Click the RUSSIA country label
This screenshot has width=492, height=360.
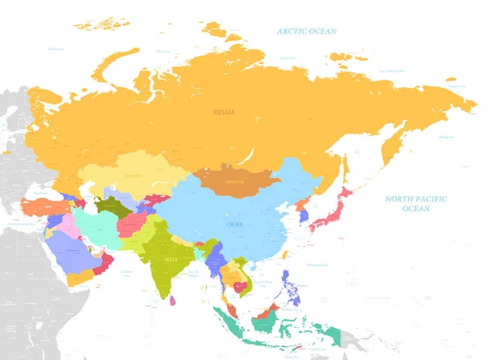(x=222, y=112)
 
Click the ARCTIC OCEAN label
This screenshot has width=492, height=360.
(x=307, y=31)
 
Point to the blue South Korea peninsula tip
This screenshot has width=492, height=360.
(x=303, y=216)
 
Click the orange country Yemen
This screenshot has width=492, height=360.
(x=80, y=277)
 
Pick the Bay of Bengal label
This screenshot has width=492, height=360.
(x=194, y=273)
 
